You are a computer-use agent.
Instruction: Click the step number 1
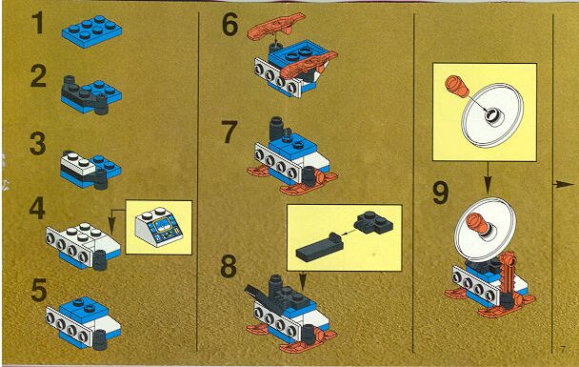point(38,23)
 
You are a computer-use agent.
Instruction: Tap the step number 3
point(38,144)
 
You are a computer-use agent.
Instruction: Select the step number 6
point(230,25)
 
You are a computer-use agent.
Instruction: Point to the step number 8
point(229,267)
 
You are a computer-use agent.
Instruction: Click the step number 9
point(441,193)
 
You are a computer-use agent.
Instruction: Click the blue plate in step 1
point(91,31)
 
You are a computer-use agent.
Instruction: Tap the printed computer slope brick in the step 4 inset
point(159,227)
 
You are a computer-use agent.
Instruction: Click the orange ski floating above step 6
point(276,26)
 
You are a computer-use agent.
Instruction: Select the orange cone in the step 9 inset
point(456,86)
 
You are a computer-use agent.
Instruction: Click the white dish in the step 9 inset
point(493,114)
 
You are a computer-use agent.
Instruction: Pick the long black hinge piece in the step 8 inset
point(319,248)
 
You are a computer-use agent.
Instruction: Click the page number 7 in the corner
point(563,349)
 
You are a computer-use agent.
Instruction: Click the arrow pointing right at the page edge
point(564,184)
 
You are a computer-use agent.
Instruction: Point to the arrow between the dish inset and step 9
point(488,177)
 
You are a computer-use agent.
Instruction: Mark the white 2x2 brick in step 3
point(79,164)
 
